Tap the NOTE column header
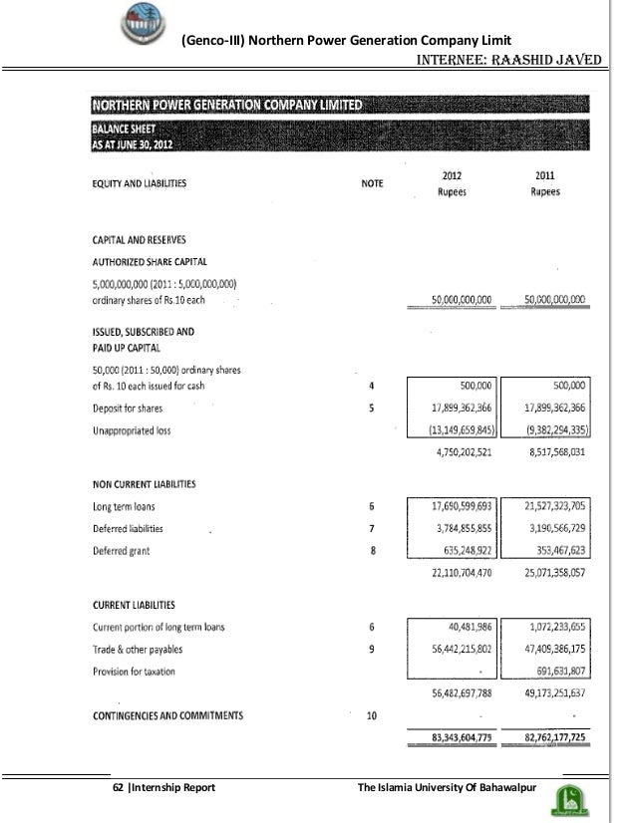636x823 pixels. tap(371, 184)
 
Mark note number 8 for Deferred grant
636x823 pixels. tap(371, 550)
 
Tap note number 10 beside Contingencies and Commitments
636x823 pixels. tap(371, 715)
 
